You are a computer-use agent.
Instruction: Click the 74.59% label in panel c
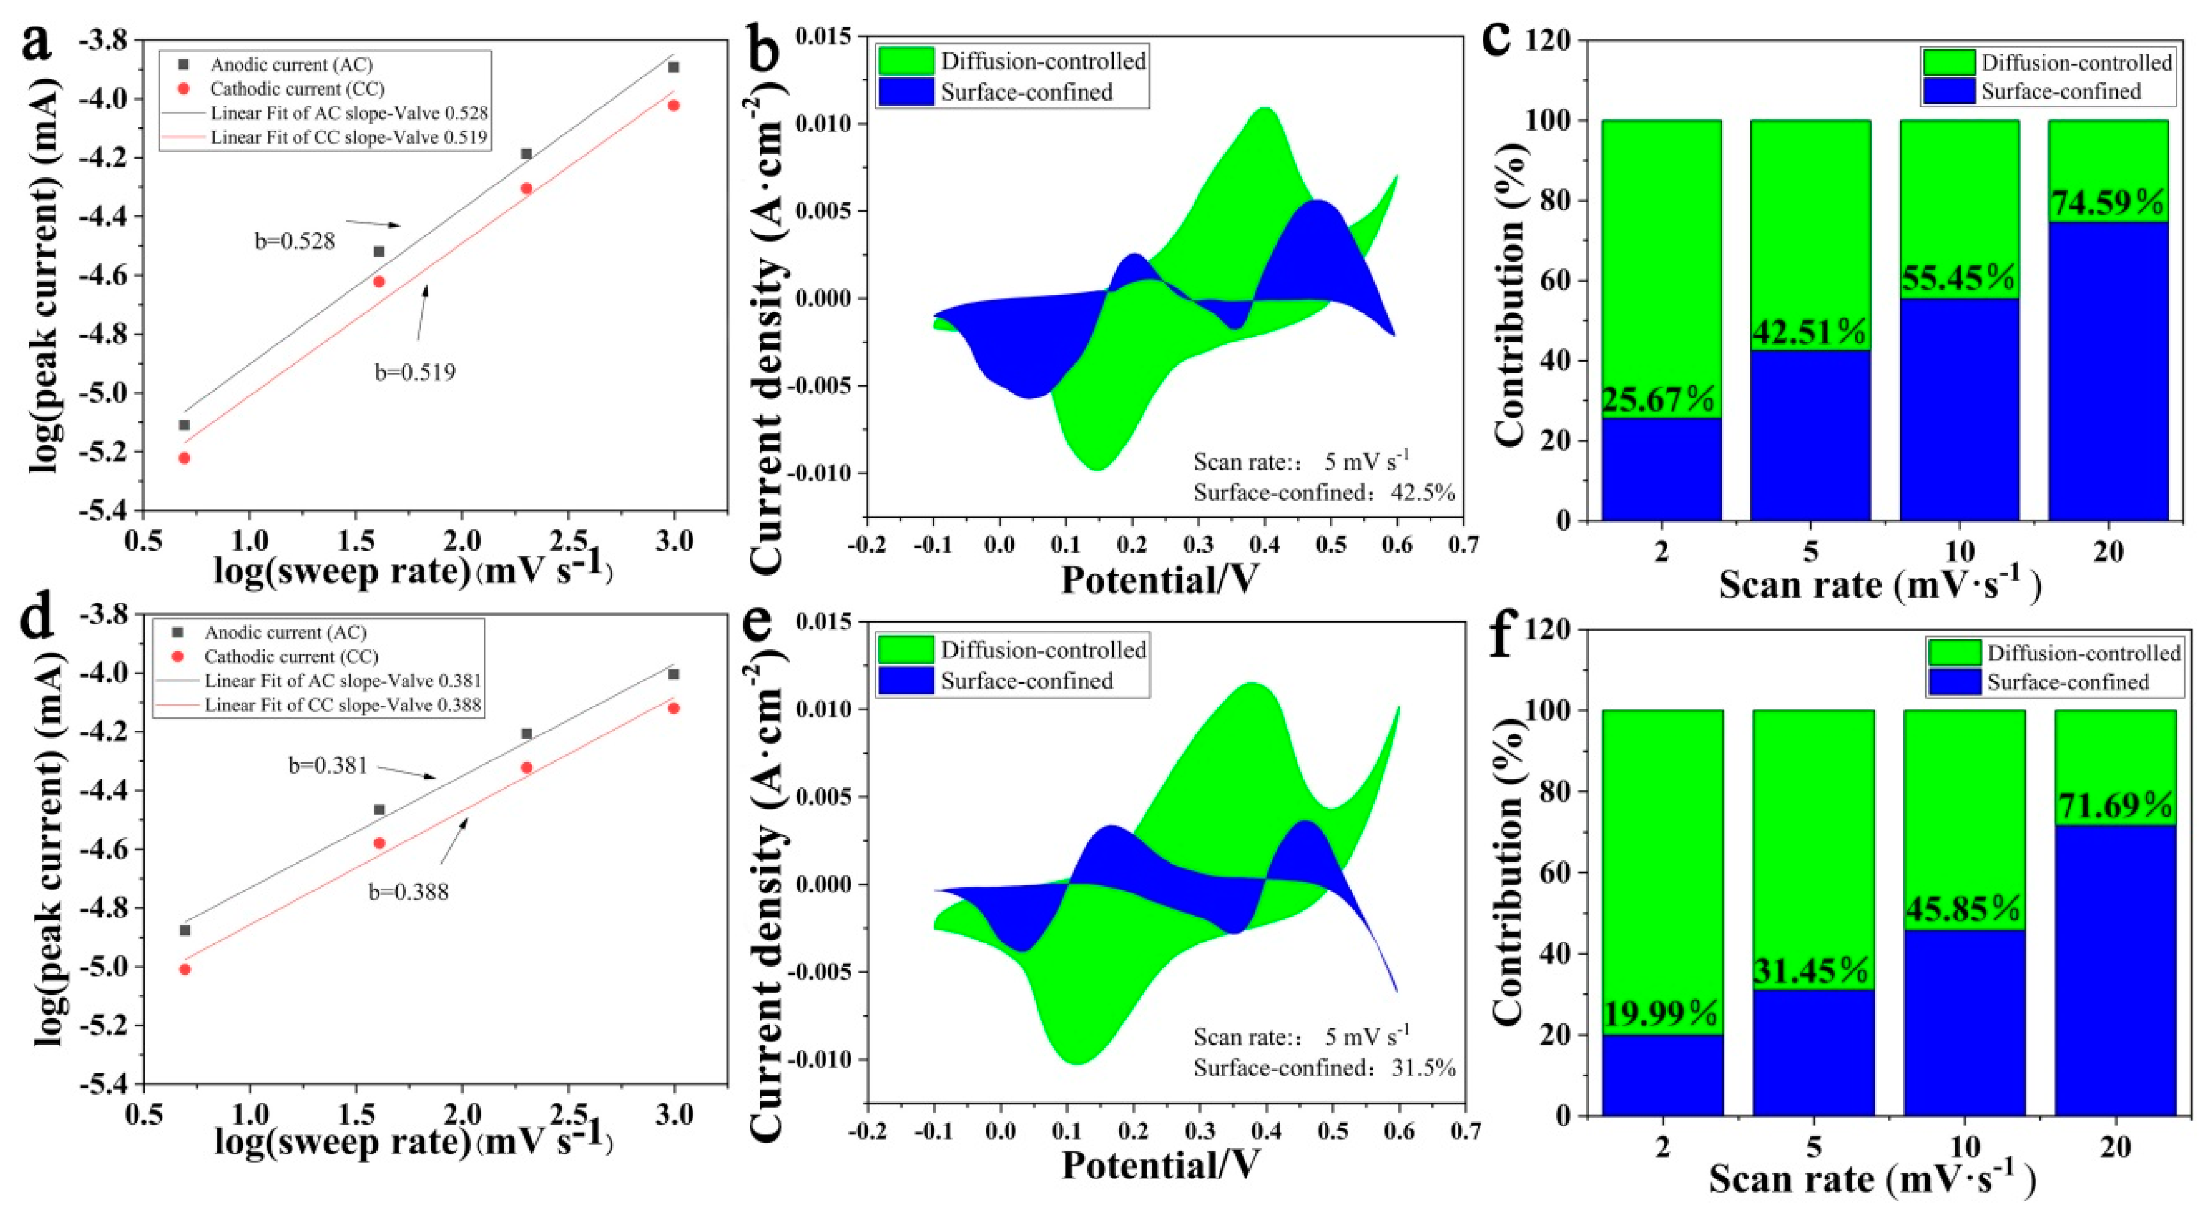(2108, 204)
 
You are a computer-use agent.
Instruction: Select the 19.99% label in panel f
(1661, 1014)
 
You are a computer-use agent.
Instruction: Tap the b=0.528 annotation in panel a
(295, 241)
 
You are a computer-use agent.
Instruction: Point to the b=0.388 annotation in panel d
(409, 892)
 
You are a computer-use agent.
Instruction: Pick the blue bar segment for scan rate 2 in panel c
(1661, 470)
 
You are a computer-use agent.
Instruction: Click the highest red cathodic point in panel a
(674, 106)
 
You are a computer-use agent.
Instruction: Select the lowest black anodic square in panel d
(185, 930)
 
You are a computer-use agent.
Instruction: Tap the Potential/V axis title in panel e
(1161, 1165)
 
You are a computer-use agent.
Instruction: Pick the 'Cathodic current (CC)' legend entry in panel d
(290, 657)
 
